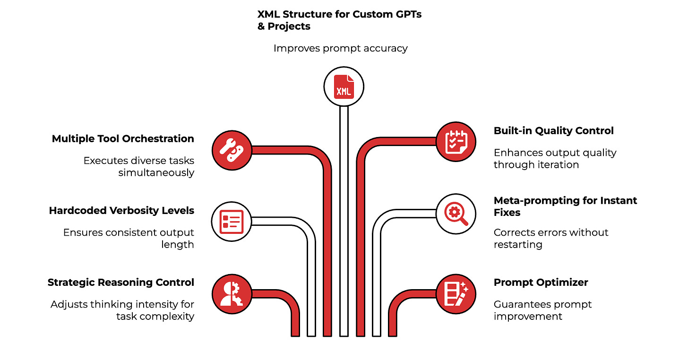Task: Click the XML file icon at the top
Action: (344, 86)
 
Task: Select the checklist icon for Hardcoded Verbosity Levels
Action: (232, 221)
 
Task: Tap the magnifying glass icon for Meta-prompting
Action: (455, 214)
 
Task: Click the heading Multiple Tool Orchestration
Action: (123, 139)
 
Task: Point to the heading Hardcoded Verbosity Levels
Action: (121, 211)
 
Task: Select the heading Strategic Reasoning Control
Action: (120, 283)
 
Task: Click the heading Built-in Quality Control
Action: (554, 131)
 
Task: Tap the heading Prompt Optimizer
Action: (541, 283)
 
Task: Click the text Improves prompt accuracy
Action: (340, 48)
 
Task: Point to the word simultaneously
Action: (156, 172)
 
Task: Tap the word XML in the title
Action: (268, 14)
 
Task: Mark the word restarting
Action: (518, 245)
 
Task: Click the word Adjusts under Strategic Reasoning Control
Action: (68, 304)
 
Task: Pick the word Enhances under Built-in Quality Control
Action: (516, 153)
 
